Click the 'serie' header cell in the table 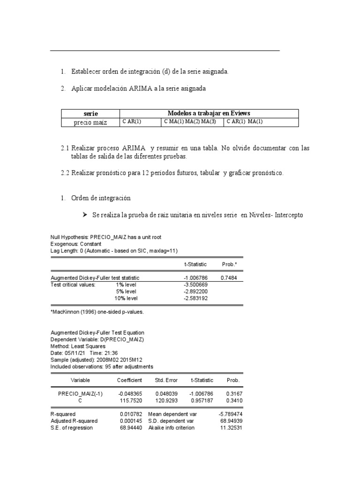[91, 113]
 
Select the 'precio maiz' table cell [91, 122]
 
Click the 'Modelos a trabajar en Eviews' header [209, 113]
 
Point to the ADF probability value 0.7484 [230, 278]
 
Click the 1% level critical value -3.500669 [196, 285]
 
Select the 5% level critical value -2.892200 [196, 291]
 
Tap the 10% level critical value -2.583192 [196, 298]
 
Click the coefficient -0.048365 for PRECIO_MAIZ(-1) [131, 394]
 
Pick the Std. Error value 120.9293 [166, 401]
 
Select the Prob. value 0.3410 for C [235, 401]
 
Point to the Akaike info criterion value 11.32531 [231, 427]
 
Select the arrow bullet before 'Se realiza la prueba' [85, 215]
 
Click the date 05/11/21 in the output [74, 353]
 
